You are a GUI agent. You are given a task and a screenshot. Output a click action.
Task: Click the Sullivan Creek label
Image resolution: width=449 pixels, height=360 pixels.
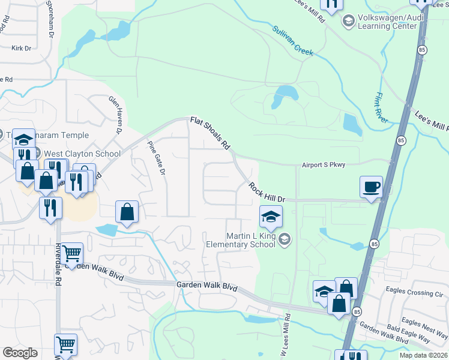click(x=293, y=41)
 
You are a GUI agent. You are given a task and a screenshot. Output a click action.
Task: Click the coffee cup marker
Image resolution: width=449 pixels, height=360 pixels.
click(x=371, y=187)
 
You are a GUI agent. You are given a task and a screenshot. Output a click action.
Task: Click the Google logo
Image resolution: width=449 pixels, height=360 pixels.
click(x=20, y=353)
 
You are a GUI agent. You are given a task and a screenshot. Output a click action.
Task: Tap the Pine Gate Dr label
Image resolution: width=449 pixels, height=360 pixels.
click(x=156, y=157)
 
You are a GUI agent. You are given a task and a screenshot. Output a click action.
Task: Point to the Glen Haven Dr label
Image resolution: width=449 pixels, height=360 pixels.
click(x=115, y=113)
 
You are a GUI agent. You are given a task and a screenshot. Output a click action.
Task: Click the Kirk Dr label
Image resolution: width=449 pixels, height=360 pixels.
click(x=21, y=47)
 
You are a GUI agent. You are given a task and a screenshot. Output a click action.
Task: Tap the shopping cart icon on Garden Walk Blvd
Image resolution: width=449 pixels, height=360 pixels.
click(x=71, y=254)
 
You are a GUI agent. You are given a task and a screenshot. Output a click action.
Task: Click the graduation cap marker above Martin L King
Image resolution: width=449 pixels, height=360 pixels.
click(x=271, y=217)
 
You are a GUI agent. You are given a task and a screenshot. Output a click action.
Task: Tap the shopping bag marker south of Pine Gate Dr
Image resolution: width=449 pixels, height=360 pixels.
click(x=127, y=212)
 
